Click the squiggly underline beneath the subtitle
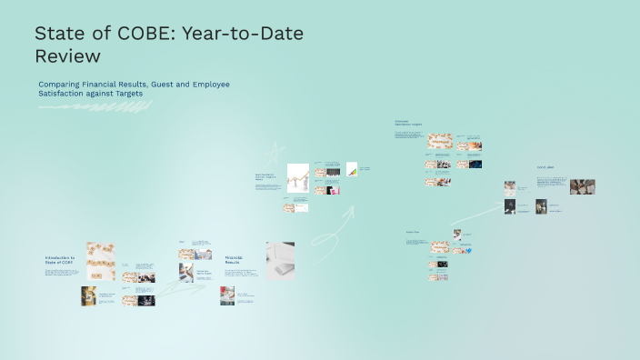pyautogui.click(x=95, y=107)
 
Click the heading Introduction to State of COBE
pyautogui.click(x=60, y=261)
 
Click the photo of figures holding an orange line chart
pyautogui.click(x=298, y=177)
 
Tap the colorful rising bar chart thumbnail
pyautogui.click(x=351, y=169)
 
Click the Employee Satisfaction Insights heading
pyautogui.click(x=408, y=123)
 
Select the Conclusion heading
pyautogui.click(x=545, y=167)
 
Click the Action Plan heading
pyautogui.click(x=413, y=232)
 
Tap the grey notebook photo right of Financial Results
pyautogui.click(x=279, y=260)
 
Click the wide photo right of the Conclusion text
pyautogui.click(x=582, y=186)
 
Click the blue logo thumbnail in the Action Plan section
pyautogui.click(x=443, y=264)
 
